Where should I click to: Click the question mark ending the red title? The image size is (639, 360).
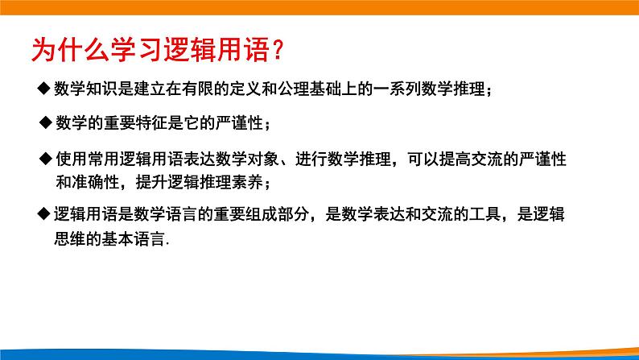275,51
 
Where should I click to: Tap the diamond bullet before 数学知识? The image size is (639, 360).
45,90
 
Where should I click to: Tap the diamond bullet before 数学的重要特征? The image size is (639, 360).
45,122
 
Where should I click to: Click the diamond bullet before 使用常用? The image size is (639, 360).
47,159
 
